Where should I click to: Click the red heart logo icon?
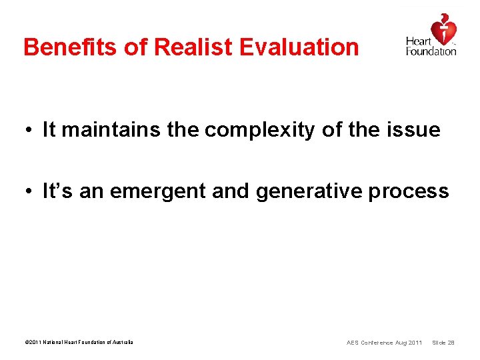pyautogui.click(x=443, y=28)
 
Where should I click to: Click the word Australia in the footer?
pyautogui.click(x=121, y=343)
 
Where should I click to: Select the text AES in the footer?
pyautogui.click(x=353, y=343)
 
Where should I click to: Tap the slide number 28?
pyautogui.click(x=451, y=343)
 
